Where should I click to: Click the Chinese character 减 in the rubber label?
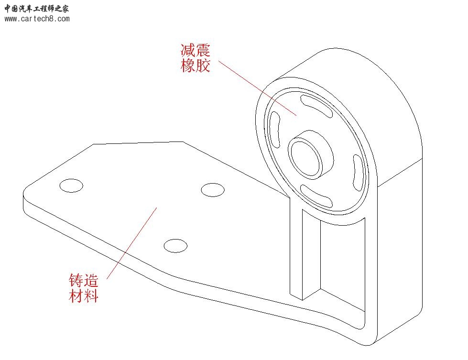(x=188, y=50)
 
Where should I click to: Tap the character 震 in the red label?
(x=203, y=50)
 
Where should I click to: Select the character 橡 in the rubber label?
(x=188, y=65)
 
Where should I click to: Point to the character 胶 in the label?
(x=203, y=65)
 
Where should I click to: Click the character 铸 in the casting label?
(x=76, y=280)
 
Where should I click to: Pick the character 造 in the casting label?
(x=91, y=280)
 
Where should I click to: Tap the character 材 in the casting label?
(x=76, y=295)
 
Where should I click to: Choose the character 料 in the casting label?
(x=91, y=295)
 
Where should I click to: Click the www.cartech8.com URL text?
(x=37, y=19)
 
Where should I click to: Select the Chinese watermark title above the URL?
(x=36, y=8)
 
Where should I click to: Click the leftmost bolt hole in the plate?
(x=71, y=185)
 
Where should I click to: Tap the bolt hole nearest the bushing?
(x=213, y=190)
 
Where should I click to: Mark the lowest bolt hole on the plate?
(x=175, y=246)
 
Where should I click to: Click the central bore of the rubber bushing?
(x=305, y=158)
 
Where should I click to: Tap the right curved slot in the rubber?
(x=358, y=173)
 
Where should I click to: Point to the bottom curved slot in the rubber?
(x=316, y=196)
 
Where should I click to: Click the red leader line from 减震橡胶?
(x=258, y=88)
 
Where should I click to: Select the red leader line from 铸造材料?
(x=131, y=243)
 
